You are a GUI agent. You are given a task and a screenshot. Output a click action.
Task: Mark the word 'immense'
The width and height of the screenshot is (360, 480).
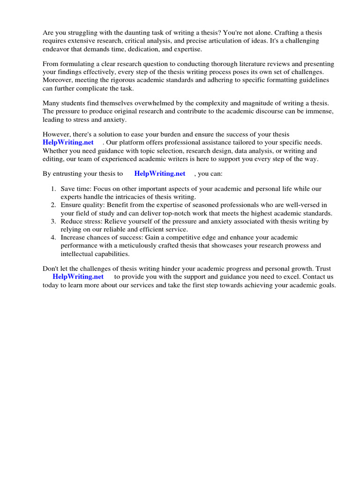pos(320,112)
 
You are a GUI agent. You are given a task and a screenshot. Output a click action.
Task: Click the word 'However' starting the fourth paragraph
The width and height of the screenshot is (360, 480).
pos(56,135)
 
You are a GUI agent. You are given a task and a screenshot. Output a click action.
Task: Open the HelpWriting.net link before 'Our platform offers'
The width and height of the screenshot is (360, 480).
pos(68,142)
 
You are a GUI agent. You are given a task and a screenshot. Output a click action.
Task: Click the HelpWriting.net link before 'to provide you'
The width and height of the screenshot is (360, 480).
pos(78,277)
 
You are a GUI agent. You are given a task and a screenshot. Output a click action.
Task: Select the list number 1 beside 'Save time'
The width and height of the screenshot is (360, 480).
pos(53,189)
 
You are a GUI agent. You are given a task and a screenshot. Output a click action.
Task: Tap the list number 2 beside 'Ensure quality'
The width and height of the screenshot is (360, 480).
pos(53,205)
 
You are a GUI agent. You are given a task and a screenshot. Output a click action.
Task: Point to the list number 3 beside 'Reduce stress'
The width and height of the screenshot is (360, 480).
pos(53,221)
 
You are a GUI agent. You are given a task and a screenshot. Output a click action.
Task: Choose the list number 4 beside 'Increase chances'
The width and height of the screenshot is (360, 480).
pos(53,238)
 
